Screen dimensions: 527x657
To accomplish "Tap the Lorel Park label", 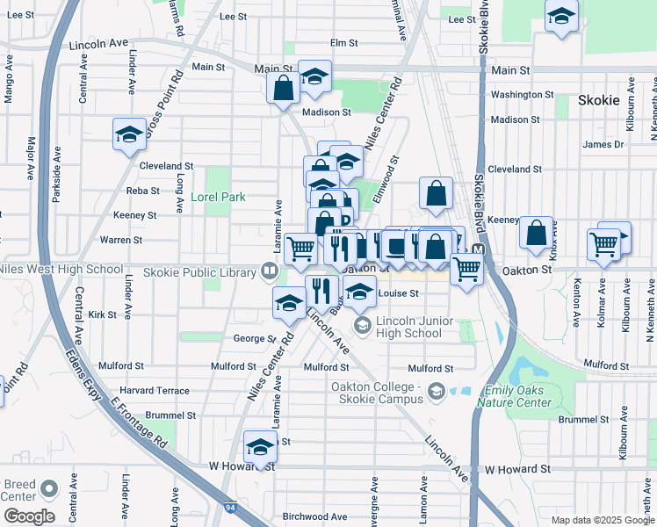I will pyautogui.click(x=218, y=198).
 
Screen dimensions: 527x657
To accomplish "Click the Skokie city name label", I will pyautogui.click(x=599, y=100).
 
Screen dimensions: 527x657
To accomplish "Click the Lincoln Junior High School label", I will pyautogui.click(x=409, y=327).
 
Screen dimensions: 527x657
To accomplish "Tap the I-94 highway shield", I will pyautogui.click(x=230, y=508).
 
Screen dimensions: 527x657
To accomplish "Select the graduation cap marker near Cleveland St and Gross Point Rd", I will pyautogui.click(x=130, y=135).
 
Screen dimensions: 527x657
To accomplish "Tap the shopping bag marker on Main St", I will pyautogui.click(x=284, y=89).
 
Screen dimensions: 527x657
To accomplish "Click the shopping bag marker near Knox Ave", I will pyautogui.click(x=535, y=234).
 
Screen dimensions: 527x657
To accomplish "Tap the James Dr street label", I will pyautogui.click(x=603, y=144).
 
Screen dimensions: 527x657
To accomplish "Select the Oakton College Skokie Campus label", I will pyautogui.click(x=378, y=393).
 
